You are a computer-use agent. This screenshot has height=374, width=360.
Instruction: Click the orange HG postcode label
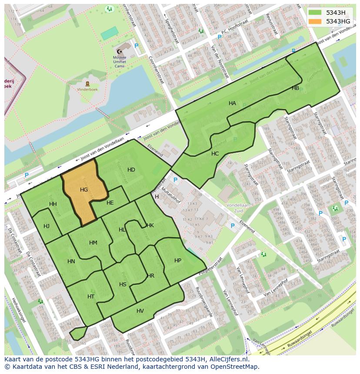84,190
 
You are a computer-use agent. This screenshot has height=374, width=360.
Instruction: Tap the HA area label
232,103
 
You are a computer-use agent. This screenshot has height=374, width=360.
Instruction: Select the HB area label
295,88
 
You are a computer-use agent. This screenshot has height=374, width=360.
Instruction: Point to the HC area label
215,154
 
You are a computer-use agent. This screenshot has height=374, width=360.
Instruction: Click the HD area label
131,169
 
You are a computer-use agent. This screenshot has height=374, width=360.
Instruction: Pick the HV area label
140,311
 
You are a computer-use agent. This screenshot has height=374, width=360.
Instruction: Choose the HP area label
177,261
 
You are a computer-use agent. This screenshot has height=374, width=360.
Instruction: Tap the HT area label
91,297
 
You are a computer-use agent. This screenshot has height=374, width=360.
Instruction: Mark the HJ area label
47,226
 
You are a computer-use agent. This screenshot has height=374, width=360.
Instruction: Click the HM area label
93,243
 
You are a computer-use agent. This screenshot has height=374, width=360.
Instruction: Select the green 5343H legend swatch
315,13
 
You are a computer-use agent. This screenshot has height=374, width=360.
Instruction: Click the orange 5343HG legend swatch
315,21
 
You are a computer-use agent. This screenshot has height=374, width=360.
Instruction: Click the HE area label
110,203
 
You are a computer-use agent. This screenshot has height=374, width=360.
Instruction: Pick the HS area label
123,285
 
